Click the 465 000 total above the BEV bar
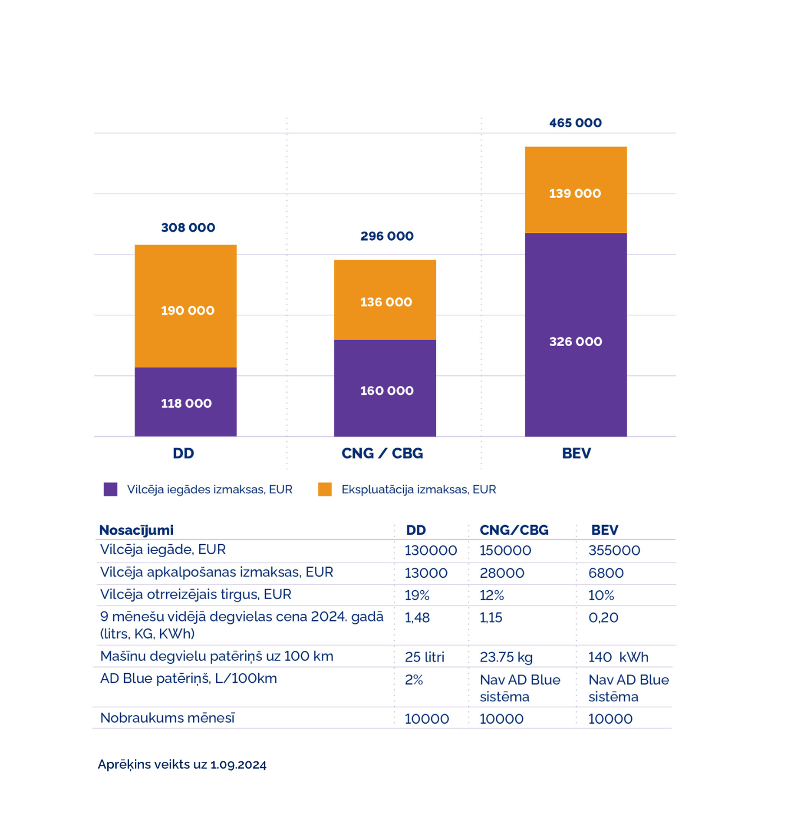pos(575,123)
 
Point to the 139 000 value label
pos(575,194)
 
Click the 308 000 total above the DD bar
pos(188,228)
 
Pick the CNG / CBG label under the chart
pos(382,453)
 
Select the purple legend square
pos(111,489)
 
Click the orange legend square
pos(325,489)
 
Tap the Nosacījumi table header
pos(136,530)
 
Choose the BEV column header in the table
pos(604,530)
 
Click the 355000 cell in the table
pos(614,550)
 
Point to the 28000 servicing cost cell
pos(501,573)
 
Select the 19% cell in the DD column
pos(417,595)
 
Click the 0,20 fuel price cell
pos(603,618)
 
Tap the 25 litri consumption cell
pos(425,657)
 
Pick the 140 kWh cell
pos(618,657)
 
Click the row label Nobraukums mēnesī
pos(167,718)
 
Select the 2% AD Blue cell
pos(414,680)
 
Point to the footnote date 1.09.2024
pos(238,765)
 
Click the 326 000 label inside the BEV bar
pos(576,342)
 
